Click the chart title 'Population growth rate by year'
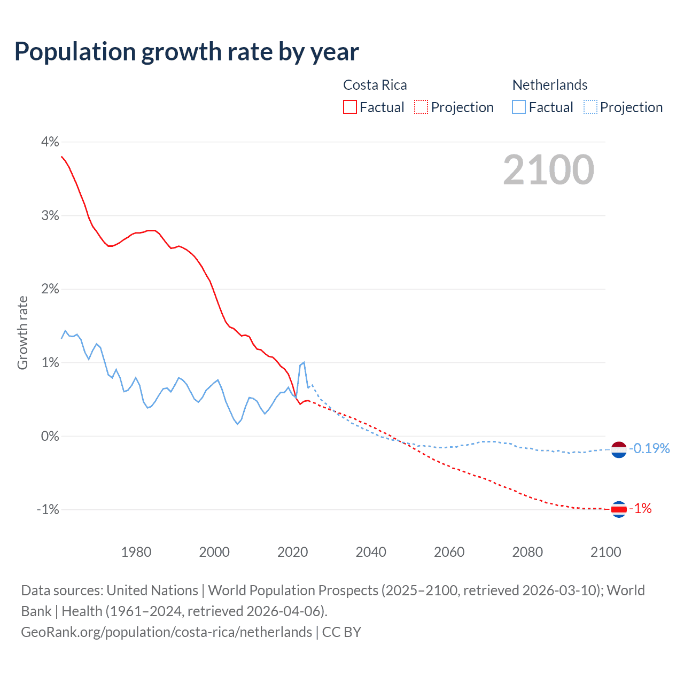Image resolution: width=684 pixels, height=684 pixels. [186, 52]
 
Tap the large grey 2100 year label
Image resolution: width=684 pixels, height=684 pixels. [548, 170]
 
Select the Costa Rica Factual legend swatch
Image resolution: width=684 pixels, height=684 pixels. [350, 107]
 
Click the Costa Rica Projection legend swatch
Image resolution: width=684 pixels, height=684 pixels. [421, 107]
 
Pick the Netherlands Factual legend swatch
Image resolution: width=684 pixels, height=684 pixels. [519, 107]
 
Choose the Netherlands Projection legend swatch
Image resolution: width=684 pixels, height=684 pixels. [590, 107]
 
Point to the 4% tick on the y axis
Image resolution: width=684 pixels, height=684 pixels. [50, 142]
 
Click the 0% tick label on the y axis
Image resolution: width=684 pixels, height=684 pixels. [50, 436]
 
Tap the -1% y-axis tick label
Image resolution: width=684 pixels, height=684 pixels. [48, 510]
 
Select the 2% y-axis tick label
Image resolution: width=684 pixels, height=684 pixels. [50, 289]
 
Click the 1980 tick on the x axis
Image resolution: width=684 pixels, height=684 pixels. [136, 552]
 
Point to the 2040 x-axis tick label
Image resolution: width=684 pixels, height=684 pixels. [371, 552]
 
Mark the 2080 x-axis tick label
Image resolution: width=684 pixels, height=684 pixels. [527, 552]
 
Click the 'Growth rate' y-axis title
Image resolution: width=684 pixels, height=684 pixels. [22, 332]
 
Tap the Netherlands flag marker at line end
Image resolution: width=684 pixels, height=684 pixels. [618, 450]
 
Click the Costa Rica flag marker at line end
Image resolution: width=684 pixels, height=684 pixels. [618, 510]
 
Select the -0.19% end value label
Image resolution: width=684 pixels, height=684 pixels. [649, 448]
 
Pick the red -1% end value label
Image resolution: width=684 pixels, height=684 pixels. [641, 509]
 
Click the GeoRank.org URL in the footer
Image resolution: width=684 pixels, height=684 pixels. [166, 632]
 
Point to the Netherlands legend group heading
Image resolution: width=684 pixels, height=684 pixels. [550, 85]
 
